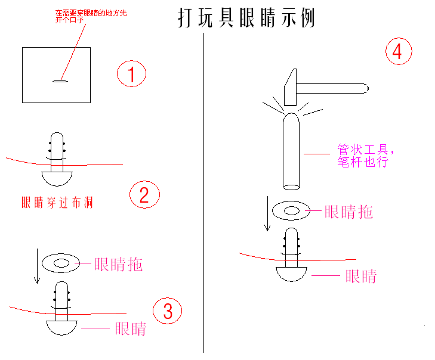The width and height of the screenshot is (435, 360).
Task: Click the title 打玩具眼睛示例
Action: (x=246, y=18)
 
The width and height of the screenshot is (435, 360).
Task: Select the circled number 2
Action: (x=144, y=195)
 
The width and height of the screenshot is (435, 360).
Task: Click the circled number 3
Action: (x=167, y=311)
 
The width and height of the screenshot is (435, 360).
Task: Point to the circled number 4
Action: (x=398, y=52)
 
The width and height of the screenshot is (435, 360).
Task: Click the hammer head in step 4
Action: (x=291, y=86)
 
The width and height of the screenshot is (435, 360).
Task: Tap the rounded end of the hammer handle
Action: (x=365, y=89)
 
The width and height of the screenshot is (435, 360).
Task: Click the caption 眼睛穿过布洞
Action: (x=57, y=203)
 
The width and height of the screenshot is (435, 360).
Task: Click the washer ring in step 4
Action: (x=291, y=210)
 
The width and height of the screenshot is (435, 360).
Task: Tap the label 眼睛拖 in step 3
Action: (x=119, y=263)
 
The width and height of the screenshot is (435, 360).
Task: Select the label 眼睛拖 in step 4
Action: (x=349, y=212)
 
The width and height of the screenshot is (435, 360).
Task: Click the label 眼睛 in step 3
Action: (x=131, y=328)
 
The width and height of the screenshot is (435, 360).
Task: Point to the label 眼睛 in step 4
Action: (x=361, y=276)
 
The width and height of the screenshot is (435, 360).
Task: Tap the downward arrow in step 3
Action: (x=37, y=267)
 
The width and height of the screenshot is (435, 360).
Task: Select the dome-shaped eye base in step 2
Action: (x=57, y=176)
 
